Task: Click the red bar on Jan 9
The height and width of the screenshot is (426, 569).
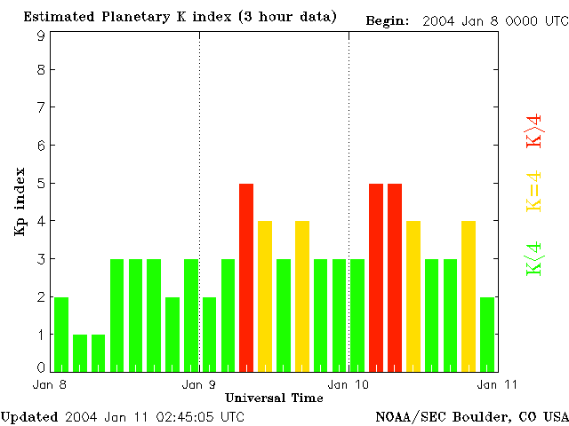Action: (x=246, y=277)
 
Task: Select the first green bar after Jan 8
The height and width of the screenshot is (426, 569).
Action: (x=60, y=334)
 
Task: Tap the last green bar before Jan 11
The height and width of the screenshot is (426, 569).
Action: (x=487, y=334)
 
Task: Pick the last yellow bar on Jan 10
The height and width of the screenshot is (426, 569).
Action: (x=469, y=296)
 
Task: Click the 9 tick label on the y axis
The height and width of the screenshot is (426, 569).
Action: (x=41, y=35)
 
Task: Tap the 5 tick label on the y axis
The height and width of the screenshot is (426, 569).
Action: (x=41, y=184)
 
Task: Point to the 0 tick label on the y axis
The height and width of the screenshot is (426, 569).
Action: (x=41, y=367)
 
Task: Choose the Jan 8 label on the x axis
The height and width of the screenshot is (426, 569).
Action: (x=50, y=384)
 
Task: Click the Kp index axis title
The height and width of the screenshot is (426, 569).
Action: (x=20, y=201)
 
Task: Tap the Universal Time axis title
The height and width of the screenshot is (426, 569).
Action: (x=274, y=398)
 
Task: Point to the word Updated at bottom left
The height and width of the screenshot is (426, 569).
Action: (x=28, y=416)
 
